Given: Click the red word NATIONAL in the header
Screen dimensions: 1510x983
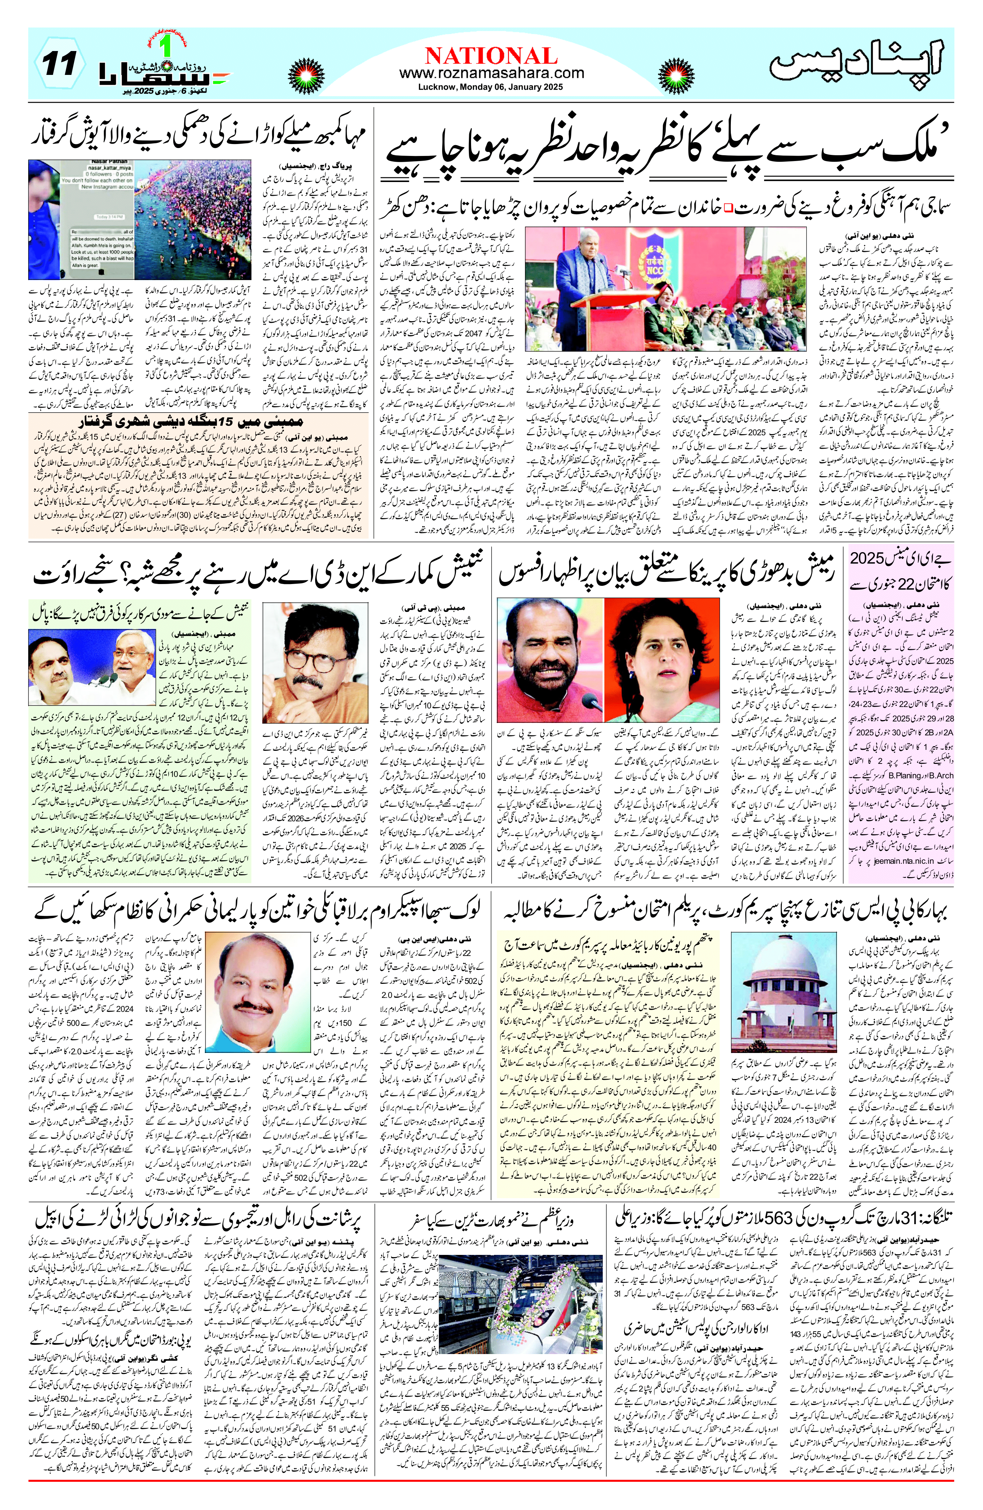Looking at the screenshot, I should coord(491,55).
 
